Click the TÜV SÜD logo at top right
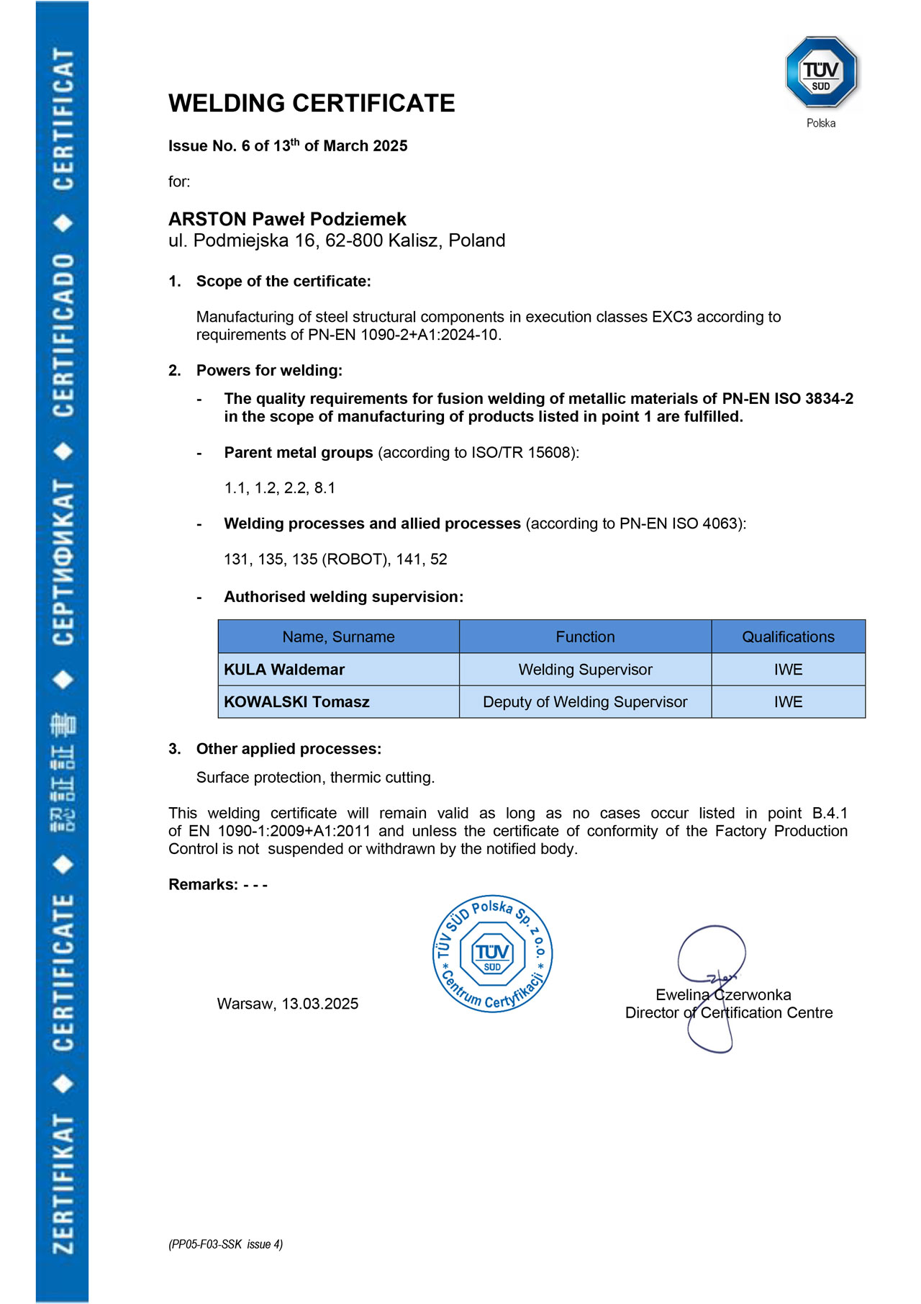pyautogui.click(x=821, y=73)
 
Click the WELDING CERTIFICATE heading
pyautogui.click(x=312, y=104)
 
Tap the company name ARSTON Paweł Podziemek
pyautogui.click(x=287, y=219)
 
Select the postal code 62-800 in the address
pyautogui.click(x=354, y=240)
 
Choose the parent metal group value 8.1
pyautogui.click(x=325, y=488)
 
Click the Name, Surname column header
pyautogui.click(x=338, y=637)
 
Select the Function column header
pyautogui.click(x=585, y=637)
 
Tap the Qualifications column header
pyautogui.click(x=788, y=637)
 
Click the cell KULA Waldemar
pyautogui.click(x=284, y=670)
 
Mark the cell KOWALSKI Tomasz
pyautogui.click(x=296, y=702)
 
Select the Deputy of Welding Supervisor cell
pyautogui.click(x=585, y=702)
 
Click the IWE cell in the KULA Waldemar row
pyautogui.click(x=788, y=670)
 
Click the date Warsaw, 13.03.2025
pyautogui.click(x=288, y=1004)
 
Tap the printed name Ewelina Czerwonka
pyautogui.click(x=723, y=995)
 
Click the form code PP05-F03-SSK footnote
pyautogui.click(x=225, y=1244)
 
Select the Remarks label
pyautogui.click(x=203, y=885)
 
